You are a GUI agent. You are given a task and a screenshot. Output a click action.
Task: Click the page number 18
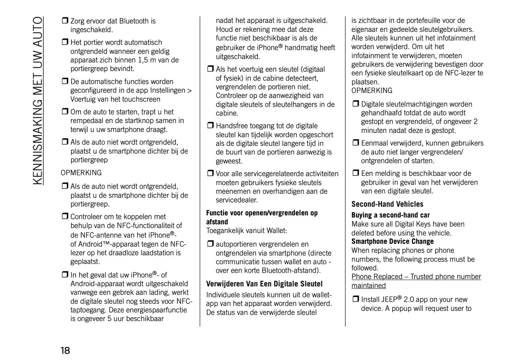(65, 350)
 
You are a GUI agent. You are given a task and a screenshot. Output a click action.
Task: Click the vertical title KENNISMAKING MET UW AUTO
(37, 101)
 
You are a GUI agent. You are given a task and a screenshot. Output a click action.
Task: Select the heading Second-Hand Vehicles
(387, 204)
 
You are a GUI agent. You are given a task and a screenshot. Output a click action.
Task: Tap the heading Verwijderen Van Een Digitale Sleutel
(264, 284)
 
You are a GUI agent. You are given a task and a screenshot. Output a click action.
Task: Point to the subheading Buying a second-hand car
(390, 215)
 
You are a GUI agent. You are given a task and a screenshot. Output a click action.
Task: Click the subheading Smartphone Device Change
(392, 242)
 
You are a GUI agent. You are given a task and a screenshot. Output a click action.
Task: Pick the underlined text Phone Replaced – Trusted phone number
(416, 277)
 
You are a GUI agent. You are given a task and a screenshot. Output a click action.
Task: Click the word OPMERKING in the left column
(81, 173)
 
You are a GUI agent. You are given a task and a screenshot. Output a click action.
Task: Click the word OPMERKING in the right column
(372, 91)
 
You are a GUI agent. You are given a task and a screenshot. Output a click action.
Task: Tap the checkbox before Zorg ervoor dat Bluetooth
(65, 21)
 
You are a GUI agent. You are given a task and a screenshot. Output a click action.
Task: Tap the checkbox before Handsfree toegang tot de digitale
(210, 126)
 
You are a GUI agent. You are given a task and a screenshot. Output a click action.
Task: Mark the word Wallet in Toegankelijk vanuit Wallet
(275, 231)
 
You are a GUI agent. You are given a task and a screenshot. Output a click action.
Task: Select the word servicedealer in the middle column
(237, 200)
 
